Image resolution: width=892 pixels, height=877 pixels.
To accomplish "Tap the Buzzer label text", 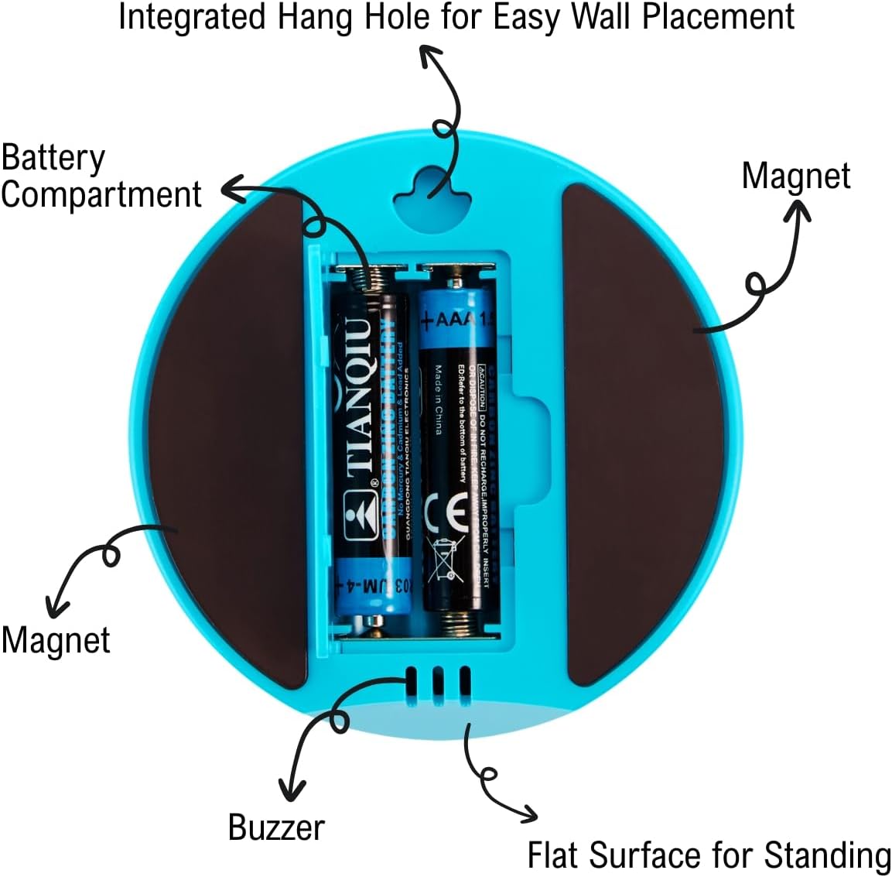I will pos(276,827).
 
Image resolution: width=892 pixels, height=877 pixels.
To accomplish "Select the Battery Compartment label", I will pos(101,176).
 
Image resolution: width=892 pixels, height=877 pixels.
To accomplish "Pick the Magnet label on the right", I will pos(795,176).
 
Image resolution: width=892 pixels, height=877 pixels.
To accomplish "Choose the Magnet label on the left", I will pos(56,640).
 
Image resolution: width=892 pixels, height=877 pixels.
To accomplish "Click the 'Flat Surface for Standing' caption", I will pos(708,855).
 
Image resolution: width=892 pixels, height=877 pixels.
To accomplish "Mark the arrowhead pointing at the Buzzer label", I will pos(292,790).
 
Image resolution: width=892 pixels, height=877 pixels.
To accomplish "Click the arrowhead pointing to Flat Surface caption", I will pos(528,814).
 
